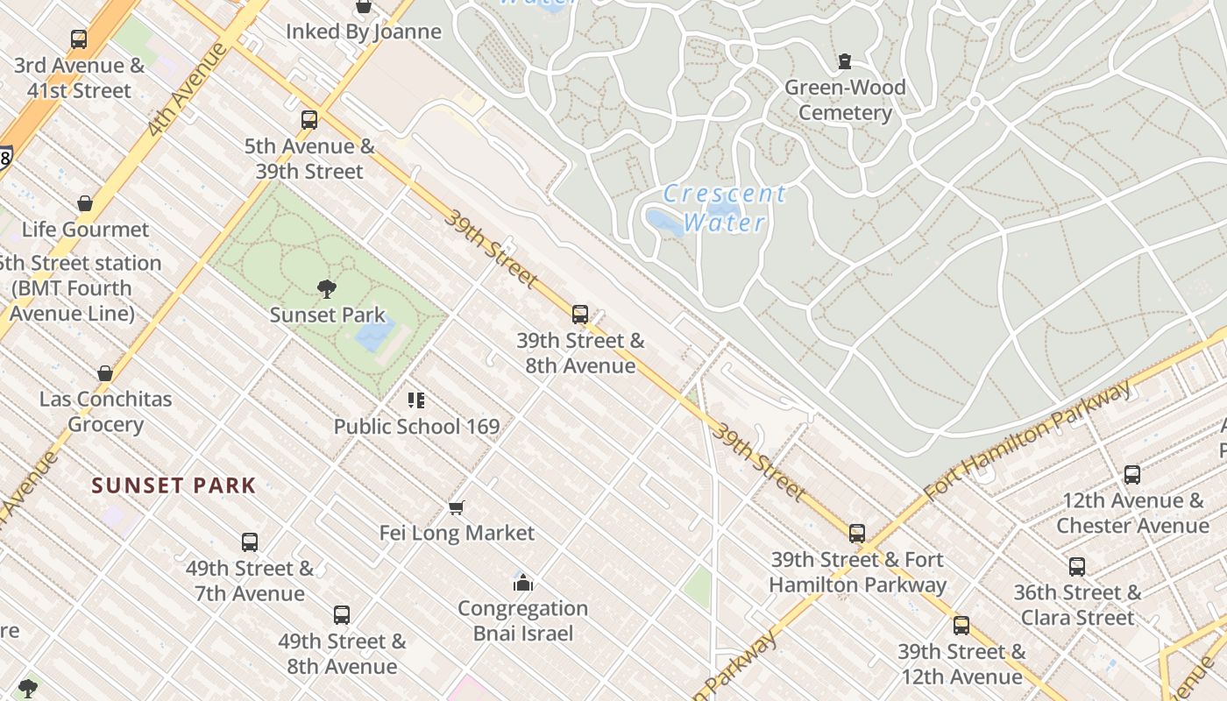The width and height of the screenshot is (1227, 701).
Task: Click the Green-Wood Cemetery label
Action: [845, 100]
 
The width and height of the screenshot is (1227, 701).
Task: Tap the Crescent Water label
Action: [724, 208]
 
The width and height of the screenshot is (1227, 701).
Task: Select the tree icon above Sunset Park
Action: [327, 288]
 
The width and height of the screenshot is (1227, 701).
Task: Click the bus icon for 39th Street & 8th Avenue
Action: [579, 315]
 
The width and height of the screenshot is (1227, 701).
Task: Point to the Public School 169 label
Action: [416, 427]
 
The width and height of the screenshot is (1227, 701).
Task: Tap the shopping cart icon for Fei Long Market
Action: [456, 507]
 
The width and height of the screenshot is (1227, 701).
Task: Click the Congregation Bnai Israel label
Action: [522, 620]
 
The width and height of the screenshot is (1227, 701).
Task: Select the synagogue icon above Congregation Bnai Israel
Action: [523, 583]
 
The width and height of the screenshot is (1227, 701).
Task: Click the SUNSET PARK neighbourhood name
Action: [174, 485]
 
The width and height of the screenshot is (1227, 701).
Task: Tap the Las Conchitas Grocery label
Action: [105, 412]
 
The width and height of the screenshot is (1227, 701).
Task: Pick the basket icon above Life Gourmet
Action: [85, 204]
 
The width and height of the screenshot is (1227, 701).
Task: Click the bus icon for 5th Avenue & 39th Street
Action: [309, 120]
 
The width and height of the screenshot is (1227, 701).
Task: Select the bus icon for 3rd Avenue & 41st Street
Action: [79, 39]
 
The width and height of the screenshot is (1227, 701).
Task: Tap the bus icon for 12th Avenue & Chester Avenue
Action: [1131, 475]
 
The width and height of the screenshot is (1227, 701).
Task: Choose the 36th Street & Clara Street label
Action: [1077, 605]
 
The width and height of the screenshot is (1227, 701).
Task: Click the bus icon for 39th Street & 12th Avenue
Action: [961, 626]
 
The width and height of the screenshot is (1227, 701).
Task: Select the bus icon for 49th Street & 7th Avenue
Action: [250, 542]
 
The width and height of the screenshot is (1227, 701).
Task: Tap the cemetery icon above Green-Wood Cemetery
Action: [844, 61]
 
